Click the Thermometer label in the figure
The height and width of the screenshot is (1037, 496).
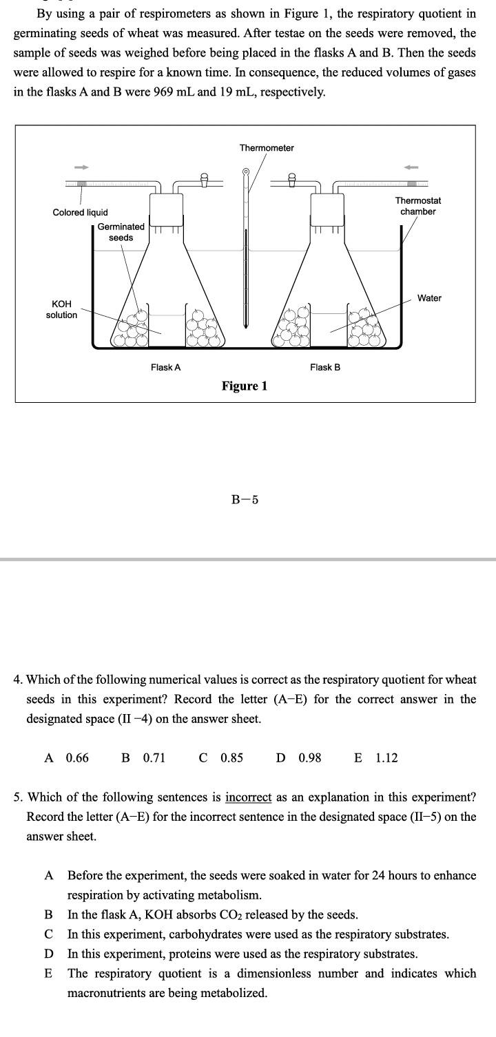click(267, 148)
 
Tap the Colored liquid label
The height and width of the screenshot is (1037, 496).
click(80, 212)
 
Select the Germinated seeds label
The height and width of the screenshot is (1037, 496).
click(121, 232)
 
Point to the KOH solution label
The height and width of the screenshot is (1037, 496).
click(61, 309)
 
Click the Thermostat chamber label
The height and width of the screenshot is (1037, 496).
click(418, 206)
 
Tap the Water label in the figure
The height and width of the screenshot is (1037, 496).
click(429, 298)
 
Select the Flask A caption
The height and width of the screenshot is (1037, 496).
click(165, 368)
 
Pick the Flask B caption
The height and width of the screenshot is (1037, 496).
click(325, 368)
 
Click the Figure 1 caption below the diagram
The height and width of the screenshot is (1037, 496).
click(245, 386)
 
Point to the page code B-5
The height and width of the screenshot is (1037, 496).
click(245, 500)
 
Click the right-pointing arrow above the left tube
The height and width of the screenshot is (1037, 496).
click(81, 167)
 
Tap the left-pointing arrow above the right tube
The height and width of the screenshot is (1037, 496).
click(412, 167)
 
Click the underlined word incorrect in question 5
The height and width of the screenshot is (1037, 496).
click(249, 797)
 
